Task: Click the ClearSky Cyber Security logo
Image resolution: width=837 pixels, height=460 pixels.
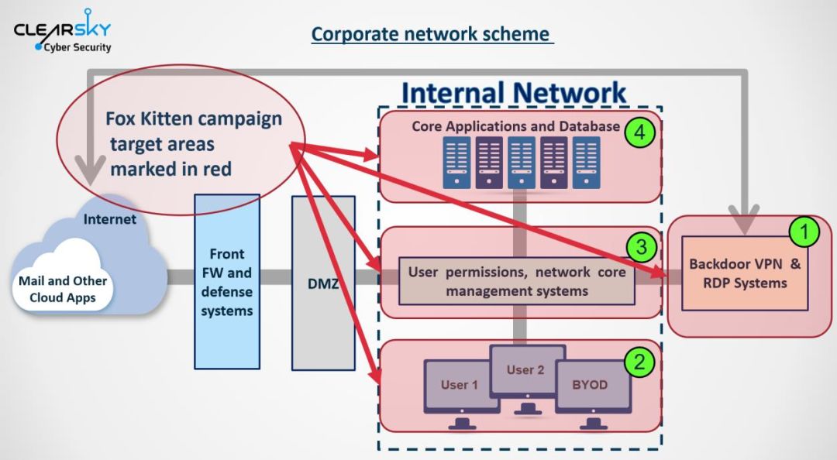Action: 63,30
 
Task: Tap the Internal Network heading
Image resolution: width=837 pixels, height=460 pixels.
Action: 514,93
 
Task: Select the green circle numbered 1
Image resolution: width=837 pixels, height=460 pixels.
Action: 804,232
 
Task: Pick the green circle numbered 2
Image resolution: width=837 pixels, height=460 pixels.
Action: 639,362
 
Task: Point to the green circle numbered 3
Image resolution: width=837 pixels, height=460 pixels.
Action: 641,246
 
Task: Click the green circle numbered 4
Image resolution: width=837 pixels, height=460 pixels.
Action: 639,132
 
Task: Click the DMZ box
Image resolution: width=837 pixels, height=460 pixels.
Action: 323,283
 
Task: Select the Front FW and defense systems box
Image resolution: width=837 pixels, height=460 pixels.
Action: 227,282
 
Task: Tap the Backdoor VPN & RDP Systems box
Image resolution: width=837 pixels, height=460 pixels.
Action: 746,273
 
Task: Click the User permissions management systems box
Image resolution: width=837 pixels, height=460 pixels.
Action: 517,281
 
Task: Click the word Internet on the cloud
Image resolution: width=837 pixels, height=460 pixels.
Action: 109,219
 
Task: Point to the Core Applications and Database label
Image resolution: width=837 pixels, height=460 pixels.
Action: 515,126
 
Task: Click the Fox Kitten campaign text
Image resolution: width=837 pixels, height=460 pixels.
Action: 193,118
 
